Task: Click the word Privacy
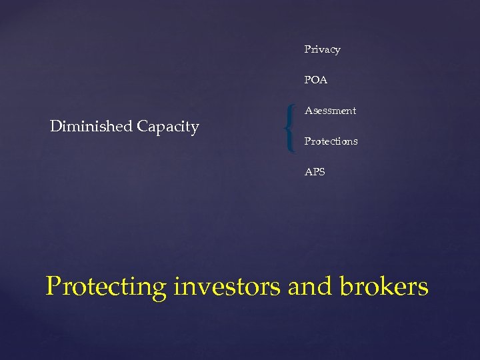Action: pyautogui.click(x=322, y=49)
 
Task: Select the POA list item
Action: pyautogui.click(x=315, y=80)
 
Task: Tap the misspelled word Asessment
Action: pyautogui.click(x=330, y=111)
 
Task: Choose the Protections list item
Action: pyautogui.click(x=331, y=141)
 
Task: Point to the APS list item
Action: pyautogui.click(x=315, y=172)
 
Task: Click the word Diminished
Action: pyautogui.click(x=91, y=126)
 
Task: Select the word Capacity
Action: pyautogui.click(x=168, y=127)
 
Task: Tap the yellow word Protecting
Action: pyautogui.click(x=106, y=287)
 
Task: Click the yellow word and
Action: pyautogui.click(x=311, y=287)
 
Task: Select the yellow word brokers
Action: pyautogui.click(x=383, y=287)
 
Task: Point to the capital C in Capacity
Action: pyautogui.click(x=143, y=126)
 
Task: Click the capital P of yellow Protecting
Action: pyautogui.click(x=53, y=287)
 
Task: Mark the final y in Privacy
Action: pyautogui.click(x=337, y=51)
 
